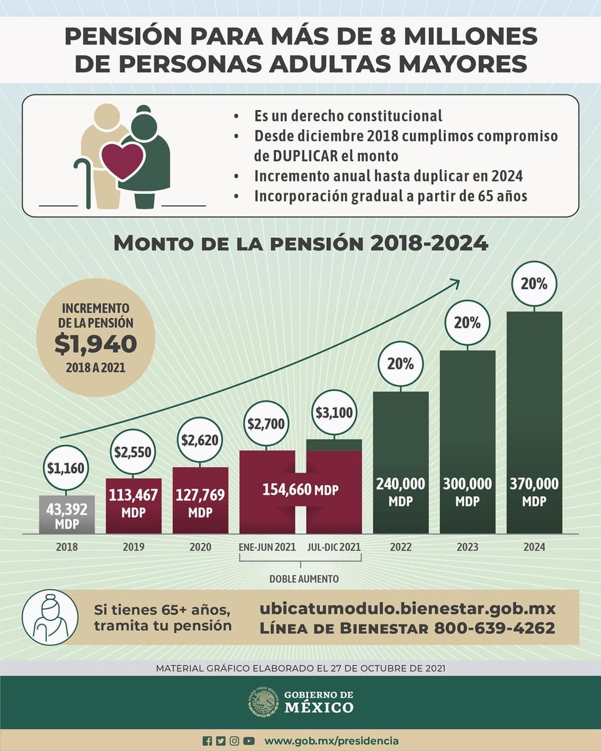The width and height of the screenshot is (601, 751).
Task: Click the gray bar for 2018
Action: (67, 514)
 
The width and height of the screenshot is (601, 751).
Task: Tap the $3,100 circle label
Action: (334, 412)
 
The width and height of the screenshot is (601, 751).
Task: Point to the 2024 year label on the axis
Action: (535, 547)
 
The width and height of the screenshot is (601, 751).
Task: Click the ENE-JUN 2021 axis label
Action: (267, 547)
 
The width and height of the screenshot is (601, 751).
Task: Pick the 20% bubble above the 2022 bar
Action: (401, 364)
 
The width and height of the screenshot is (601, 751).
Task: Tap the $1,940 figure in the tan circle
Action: (95, 343)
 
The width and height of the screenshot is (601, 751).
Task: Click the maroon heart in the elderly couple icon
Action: (123, 161)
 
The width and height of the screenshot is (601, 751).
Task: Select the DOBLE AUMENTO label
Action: (304, 579)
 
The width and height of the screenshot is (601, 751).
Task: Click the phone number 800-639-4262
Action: (494, 628)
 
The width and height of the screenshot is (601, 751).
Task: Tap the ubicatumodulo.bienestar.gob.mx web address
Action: (407, 608)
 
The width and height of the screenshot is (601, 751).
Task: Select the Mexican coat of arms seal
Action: (263, 702)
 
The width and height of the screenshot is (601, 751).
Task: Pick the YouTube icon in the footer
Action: (249, 740)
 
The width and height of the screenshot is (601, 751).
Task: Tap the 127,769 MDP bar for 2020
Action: (200, 501)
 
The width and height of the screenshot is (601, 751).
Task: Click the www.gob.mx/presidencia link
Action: (331, 740)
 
